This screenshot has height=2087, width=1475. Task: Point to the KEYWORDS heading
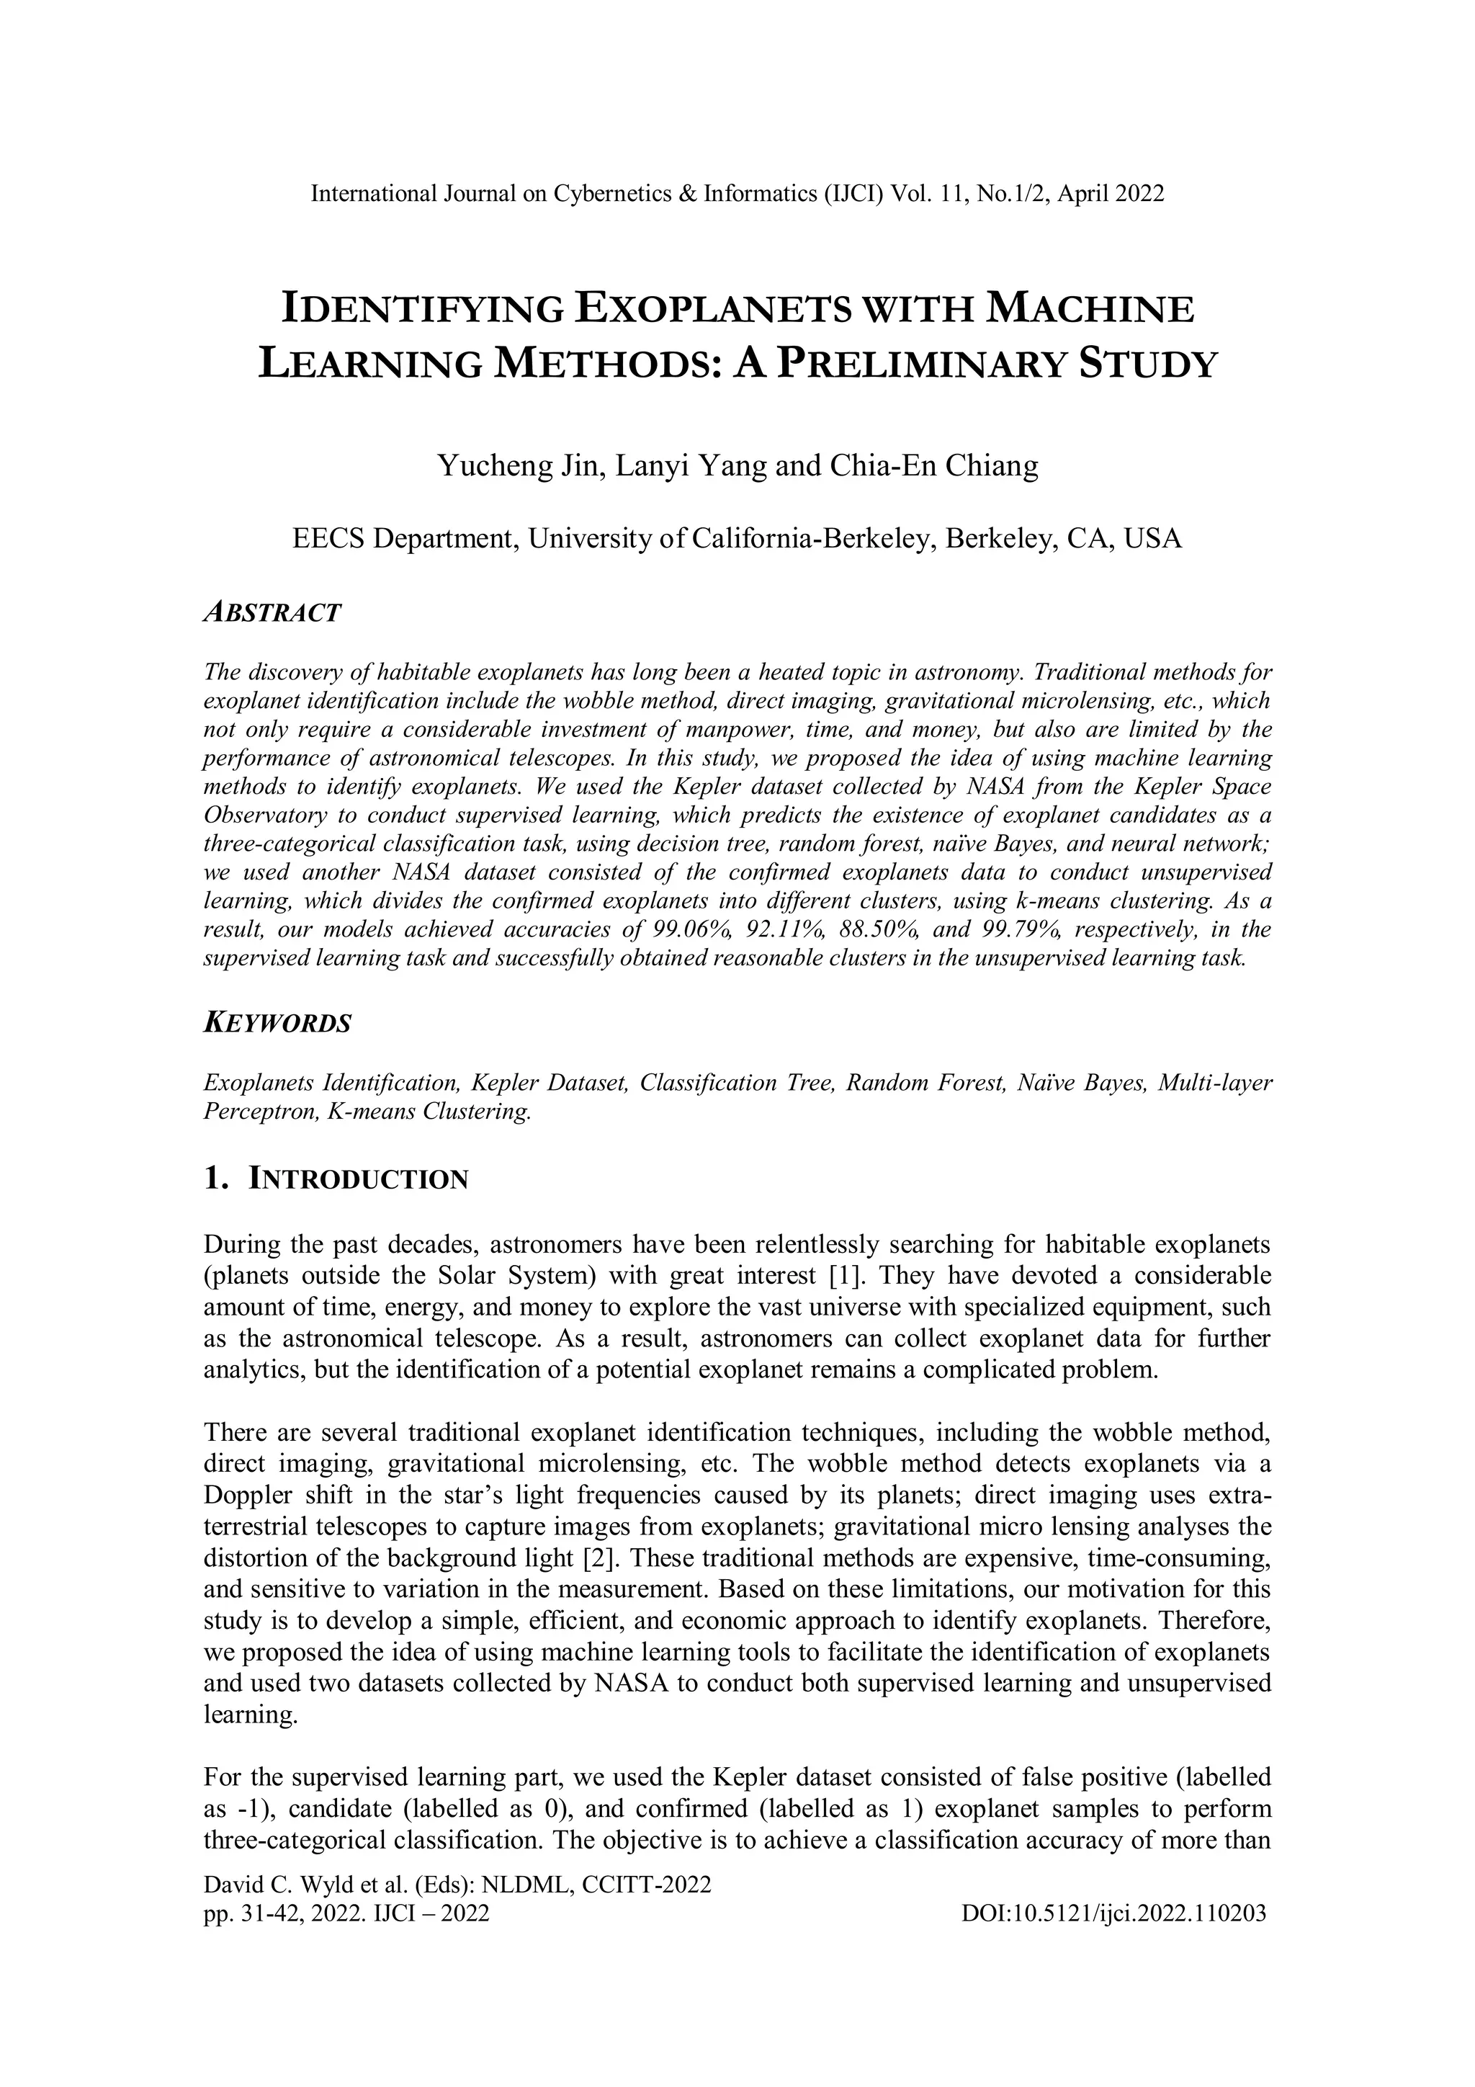point(277,1024)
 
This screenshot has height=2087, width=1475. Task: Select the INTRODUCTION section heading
point(359,1180)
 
